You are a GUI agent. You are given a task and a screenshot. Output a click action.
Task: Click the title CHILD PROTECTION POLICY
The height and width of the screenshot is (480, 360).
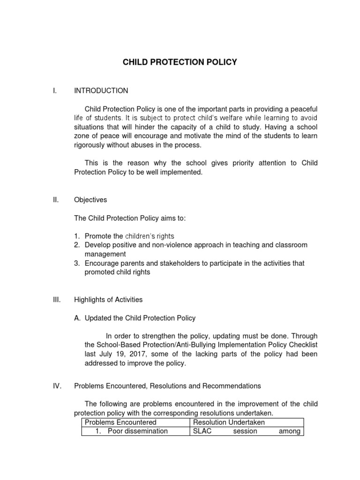tap(180, 62)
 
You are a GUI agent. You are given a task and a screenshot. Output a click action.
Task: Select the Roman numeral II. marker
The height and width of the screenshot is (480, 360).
tap(55, 200)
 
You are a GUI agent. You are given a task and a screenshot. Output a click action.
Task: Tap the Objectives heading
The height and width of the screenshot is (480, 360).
tap(90, 200)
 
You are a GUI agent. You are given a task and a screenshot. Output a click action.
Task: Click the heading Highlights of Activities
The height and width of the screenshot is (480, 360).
tap(108, 300)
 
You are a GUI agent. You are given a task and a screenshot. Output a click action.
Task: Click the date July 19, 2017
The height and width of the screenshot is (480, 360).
tap(121, 354)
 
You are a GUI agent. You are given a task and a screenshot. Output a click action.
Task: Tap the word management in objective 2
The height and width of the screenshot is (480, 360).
tap(105, 254)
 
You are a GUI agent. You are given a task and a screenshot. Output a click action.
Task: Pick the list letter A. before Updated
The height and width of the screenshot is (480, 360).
tap(78, 318)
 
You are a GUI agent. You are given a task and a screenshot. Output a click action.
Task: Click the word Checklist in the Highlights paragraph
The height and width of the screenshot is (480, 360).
tap(302, 345)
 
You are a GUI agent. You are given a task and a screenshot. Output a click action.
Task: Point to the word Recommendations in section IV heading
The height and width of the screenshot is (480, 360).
tap(231, 386)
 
